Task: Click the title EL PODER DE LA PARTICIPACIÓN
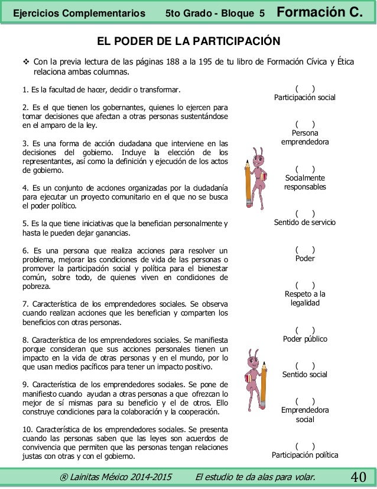[x=188, y=41]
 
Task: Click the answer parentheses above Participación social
[x=305, y=88]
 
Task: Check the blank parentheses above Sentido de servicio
[x=305, y=214]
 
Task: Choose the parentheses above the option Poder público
[x=305, y=330]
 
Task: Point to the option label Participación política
[x=305, y=455]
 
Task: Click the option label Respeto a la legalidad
[x=305, y=298]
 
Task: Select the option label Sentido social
[x=305, y=375]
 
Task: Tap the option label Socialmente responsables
[x=305, y=182]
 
